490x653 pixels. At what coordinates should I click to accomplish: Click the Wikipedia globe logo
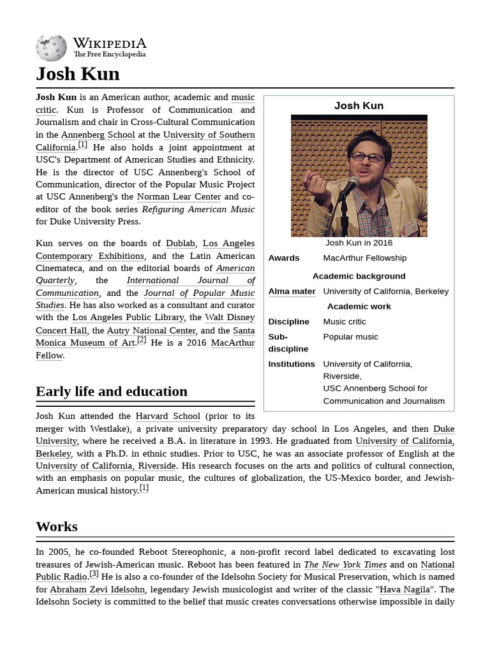coord(51,47)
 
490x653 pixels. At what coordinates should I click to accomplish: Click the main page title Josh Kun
coord(78,74)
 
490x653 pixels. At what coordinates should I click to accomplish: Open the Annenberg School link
coord(98,135)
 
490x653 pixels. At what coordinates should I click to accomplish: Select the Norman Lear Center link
coord(179,197)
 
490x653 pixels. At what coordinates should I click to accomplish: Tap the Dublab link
coord(180,243)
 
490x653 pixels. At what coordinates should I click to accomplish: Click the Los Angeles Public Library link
coord(128,317)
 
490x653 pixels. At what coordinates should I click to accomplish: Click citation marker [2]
coord(142,341)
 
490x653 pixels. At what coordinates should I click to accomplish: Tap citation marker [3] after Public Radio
coord(94,575)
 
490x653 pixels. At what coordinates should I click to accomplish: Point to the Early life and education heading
coord(112,391)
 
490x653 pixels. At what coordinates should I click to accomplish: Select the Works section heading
coord(57,526)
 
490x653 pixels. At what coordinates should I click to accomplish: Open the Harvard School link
coord(168,416)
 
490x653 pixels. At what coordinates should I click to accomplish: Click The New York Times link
coord(345,564)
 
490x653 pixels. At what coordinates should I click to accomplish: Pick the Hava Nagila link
coord(404,590)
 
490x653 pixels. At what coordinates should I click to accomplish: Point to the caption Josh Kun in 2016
coord(359,243)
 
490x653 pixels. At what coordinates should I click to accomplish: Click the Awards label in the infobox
coord(283,258)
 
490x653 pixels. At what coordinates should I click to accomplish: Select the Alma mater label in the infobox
coord(292,291)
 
